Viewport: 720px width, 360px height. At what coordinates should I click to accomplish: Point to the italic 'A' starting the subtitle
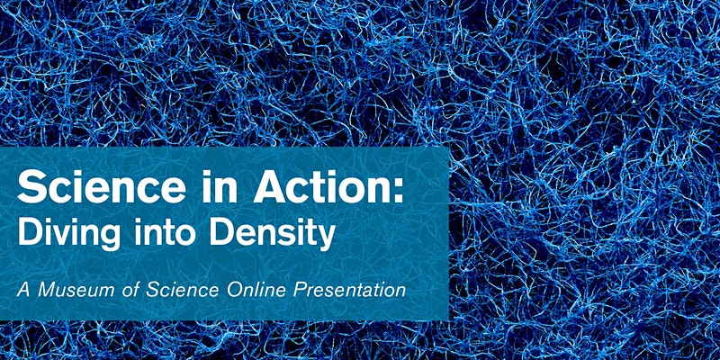tap(24, 290)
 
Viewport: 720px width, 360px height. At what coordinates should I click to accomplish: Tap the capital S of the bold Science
tap(31, 186)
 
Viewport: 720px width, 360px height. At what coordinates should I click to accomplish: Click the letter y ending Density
tap(324, 238)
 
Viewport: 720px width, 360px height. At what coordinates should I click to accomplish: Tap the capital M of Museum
tap(47, 290)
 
